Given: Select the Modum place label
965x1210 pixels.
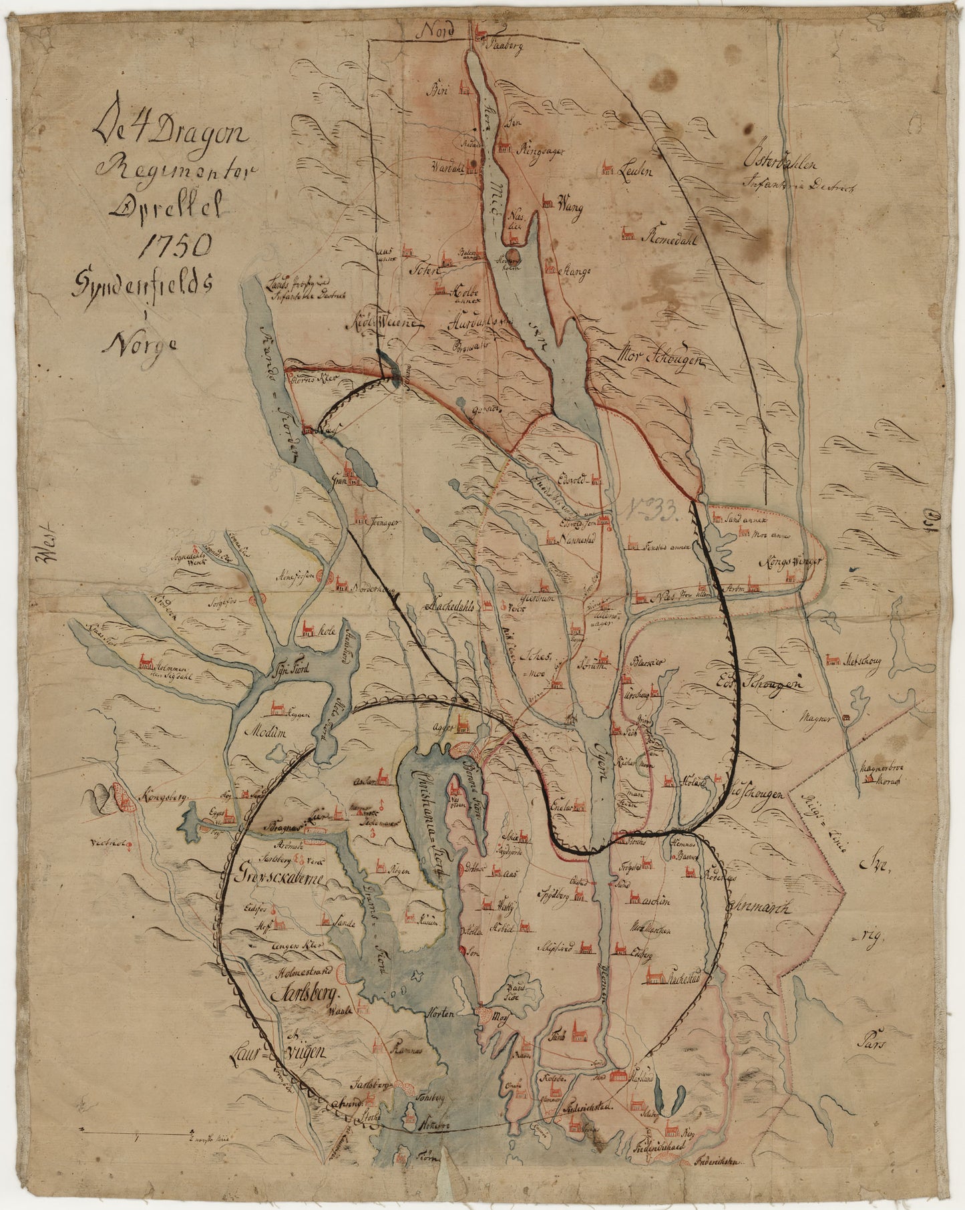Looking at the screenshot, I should coord(265,732).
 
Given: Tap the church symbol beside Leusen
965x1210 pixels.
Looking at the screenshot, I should coord(608,168).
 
